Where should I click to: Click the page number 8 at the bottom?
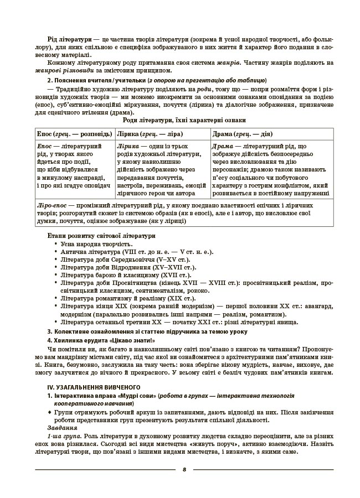coord(183,469)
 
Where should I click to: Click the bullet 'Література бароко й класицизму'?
coord(126,274)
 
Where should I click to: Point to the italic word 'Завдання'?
coord(62,428)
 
